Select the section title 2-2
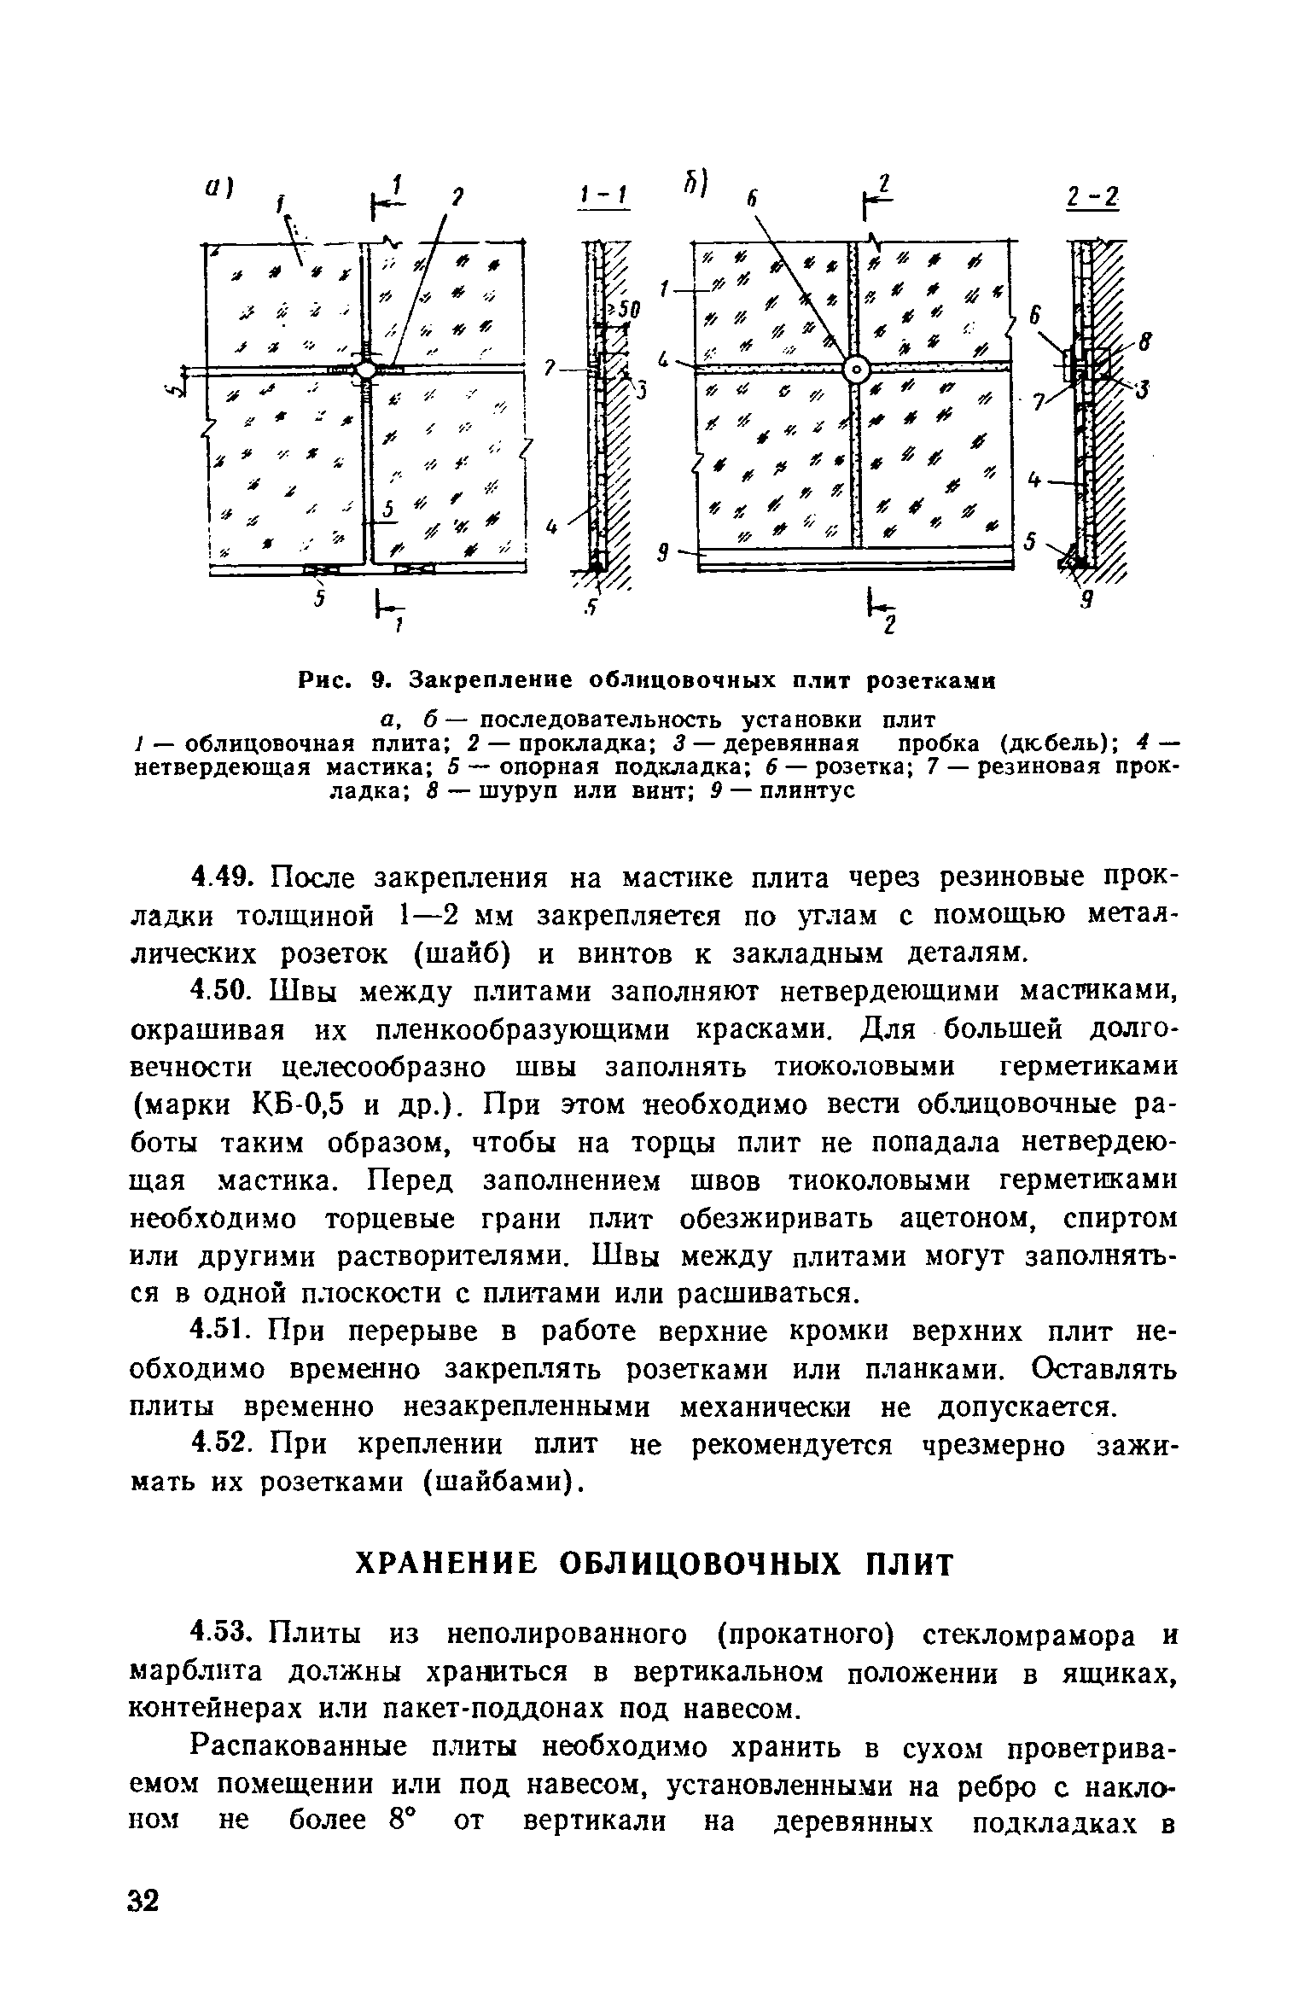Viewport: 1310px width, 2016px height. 1092,198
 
